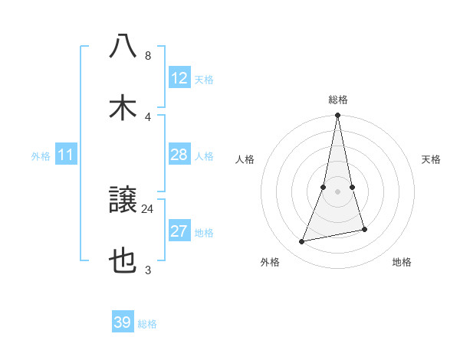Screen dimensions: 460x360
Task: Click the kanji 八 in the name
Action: (x=123, y=47)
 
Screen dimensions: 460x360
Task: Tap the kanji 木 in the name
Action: (x=123, y=107)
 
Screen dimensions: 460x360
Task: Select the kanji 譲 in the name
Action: (x=123, y=201)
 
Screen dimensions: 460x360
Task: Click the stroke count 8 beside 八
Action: (x=148, y=56)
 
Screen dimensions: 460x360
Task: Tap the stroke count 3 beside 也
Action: (x=148, y=270)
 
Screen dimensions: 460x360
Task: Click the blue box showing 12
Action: (x=179, y=78)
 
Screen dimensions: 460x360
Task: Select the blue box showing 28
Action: (x=179, y=155)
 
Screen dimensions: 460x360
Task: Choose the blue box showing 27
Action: (x=179, y=232)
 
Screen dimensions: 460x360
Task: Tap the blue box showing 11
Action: (x=66, y=155)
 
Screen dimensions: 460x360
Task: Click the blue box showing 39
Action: (x=123, y=322)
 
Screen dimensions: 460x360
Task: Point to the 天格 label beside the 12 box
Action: (x=204, y=80)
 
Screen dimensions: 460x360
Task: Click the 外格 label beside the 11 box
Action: (x=41, y=156)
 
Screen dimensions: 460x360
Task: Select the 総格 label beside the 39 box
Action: (x=147, y=324)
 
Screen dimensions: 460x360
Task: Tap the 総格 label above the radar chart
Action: (x=338, y=100)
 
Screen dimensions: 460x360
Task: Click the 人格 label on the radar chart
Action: (x=245, y=159)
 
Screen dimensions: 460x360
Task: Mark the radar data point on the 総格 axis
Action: (x=338, y=116)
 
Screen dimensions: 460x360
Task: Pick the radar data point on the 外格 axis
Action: (x=302, y=242)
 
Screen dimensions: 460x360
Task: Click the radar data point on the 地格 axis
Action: (x=365, y=229)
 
